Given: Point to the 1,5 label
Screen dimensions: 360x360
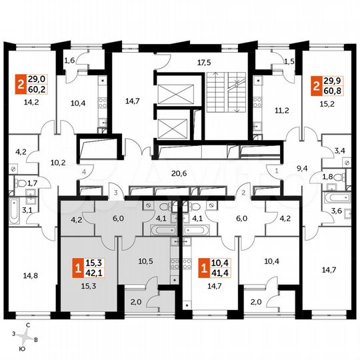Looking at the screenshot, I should pyautogui.click(x=289, y=61).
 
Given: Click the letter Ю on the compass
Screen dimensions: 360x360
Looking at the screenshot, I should pyautogui.click(x=22, y=347).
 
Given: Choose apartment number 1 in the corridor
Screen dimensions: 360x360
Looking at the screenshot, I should pyautogui.click(x=275, y=171).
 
